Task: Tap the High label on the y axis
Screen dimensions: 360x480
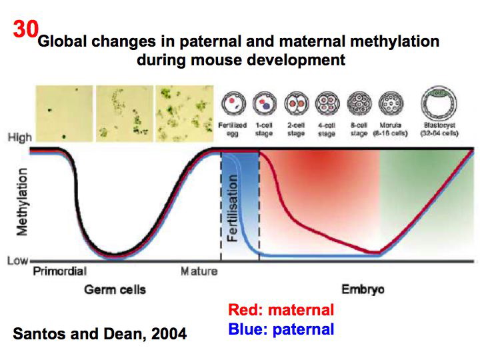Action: [19, 138]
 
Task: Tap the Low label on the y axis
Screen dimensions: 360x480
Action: [17, 261]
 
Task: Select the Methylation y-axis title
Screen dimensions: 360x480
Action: [22, 201]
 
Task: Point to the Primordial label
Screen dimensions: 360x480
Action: [59, 271]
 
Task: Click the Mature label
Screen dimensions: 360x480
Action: [199, 271]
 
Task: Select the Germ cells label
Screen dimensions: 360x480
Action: [115, 289]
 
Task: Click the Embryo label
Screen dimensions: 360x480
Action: [363, 289]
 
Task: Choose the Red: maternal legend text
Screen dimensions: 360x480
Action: [281, 310]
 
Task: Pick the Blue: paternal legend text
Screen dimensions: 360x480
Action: [281, 329]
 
